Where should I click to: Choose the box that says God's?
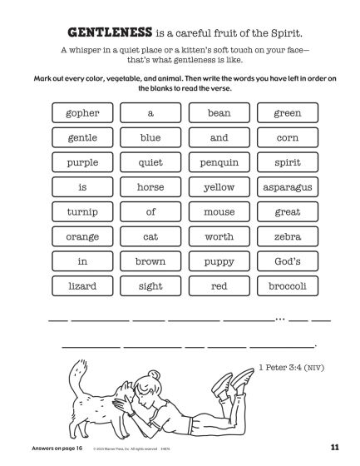pyautogui.click(x=287, y=262)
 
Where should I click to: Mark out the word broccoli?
pyautogui.click(x=287, y=287)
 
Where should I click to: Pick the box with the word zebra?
pyautogui.click(x=287, y=237)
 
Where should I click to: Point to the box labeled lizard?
pyautogui.click(x=82, y=287)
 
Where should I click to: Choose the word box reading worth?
pyautogui.click(x=219, y=237)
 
